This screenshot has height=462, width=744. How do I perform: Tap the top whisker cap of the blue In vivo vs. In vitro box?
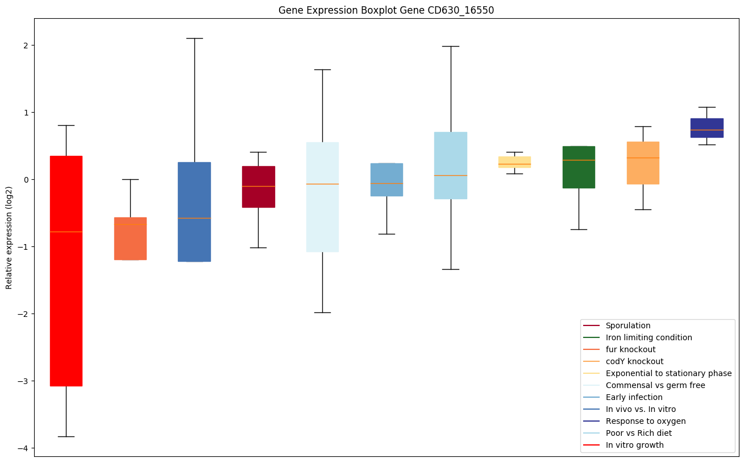click(x=194, y=38)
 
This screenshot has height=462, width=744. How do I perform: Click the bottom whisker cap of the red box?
click(x=66, y=436)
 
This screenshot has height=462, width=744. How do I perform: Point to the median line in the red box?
click(x=66, y=232)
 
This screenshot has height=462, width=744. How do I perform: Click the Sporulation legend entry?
click(x=627, y=325)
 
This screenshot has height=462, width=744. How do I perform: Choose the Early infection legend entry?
click(x=634, y=397)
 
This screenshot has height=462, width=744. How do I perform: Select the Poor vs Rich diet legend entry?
click(x=638, y=433)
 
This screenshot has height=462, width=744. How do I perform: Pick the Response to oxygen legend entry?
click(x=645, y=421)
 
